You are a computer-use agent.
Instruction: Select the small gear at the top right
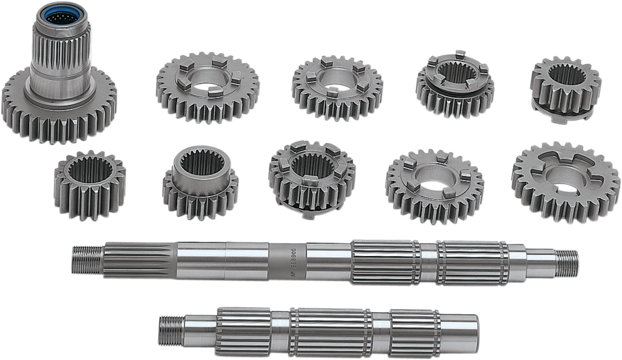click(566, 90)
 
